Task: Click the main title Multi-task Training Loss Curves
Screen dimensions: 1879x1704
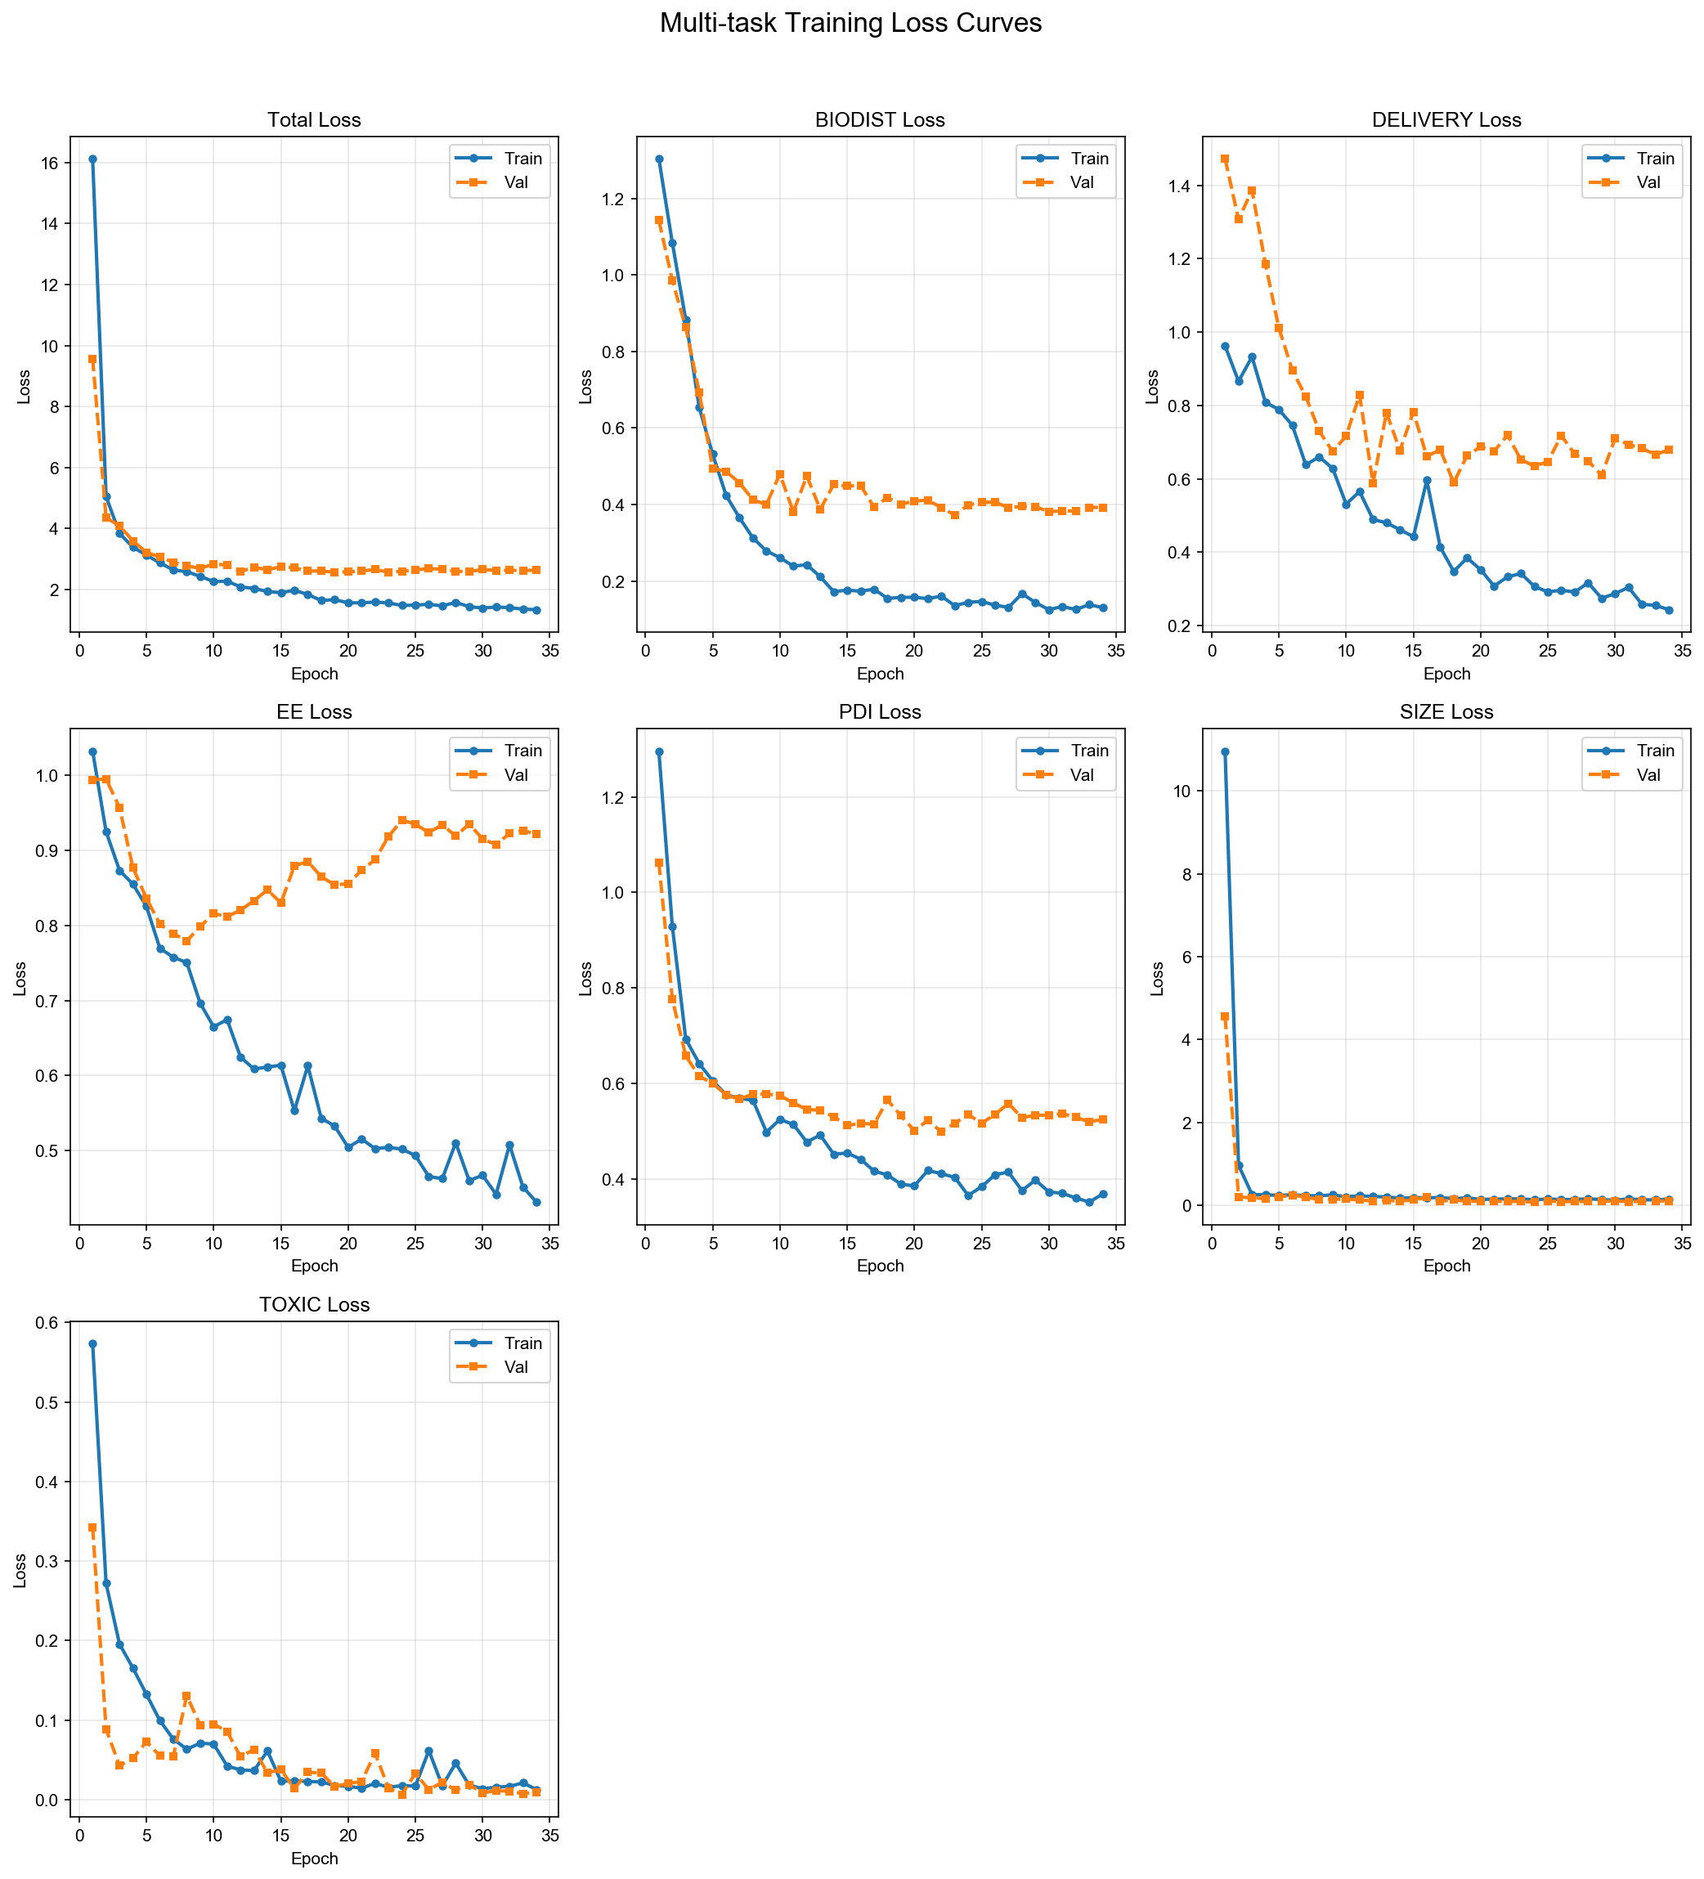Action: click(x=850, y=23)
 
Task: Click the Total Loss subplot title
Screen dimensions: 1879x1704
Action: click(x=314, y=120)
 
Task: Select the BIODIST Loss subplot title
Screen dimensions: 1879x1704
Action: click(x=880, y=120)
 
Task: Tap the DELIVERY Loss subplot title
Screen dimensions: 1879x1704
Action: click(x=1446, y=120)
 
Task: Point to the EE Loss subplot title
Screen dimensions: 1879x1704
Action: click(x=314, y=712)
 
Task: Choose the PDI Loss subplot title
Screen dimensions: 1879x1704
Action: click(x=880, y=712)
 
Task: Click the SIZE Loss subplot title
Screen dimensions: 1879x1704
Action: click(x=1446, y=712)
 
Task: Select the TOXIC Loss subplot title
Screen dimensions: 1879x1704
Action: click(x=314, y=1305)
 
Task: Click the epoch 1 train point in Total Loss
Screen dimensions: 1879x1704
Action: click(x=92, y=159)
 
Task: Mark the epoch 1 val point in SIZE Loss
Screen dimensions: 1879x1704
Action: click(x=1225, y=1017)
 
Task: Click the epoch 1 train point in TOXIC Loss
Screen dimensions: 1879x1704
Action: click(x=92, y=1344)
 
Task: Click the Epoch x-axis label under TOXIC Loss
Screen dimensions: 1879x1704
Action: click(x=314, y=1859)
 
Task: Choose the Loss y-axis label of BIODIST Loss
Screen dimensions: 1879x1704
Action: click(x=585, y=387)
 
